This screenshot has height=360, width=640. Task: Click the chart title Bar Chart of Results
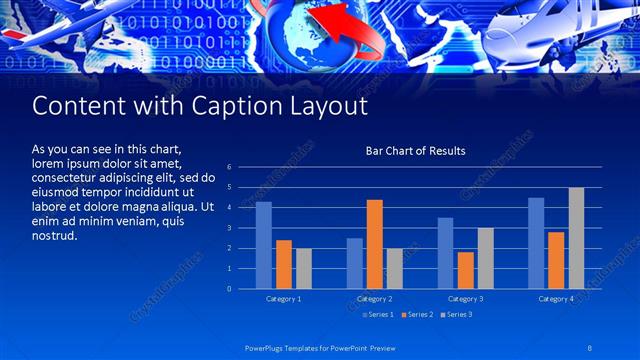tap(415, 151)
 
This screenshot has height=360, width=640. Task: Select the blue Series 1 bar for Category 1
tap(264, 245)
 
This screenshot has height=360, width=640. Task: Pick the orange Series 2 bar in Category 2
tap(375, 244)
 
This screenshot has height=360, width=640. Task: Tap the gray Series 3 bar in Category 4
tap(576, 238)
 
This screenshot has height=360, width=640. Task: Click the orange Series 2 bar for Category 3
tap(465, 270)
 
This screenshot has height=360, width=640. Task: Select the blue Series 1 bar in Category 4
tap(536, 243)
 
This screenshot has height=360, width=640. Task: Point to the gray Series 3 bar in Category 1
tap(304, 268)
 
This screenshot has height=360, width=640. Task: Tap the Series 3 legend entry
tap(457, 315)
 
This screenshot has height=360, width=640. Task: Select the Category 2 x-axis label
tap(374, 299)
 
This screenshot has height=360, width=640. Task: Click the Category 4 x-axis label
tap(556, 299)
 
